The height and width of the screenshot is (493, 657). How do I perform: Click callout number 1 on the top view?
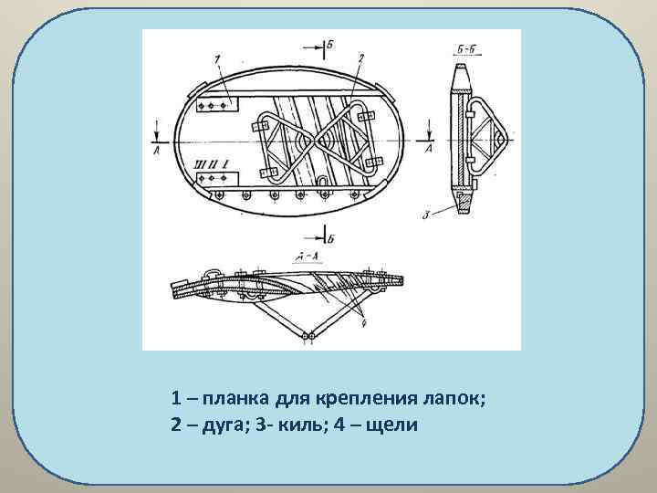[x=217, y=59]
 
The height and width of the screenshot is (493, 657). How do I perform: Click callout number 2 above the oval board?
[x=362, y=58]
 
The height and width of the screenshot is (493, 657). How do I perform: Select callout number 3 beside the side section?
[x=426, y=215]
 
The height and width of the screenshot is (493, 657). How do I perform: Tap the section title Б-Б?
[x=467, y=48]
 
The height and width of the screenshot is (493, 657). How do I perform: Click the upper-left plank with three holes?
[x=216, y=107]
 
